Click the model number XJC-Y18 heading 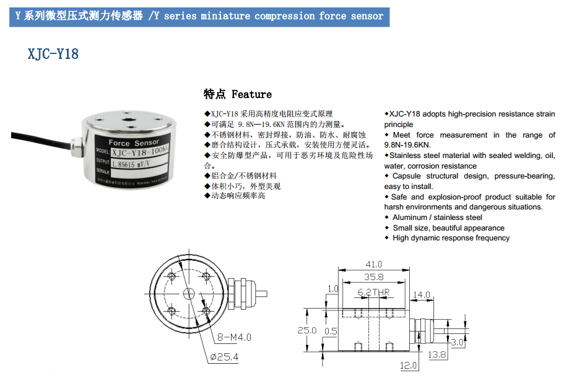[53, 54]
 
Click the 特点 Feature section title [238, 94]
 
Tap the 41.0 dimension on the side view [374, 264]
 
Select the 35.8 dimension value [373, 277]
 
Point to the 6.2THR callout [373, 291]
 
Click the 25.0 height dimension [306, 330]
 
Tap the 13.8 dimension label [437, 355]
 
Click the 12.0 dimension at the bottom [408, 366]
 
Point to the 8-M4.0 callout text [233, 338]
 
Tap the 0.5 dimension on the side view [331, 331]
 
